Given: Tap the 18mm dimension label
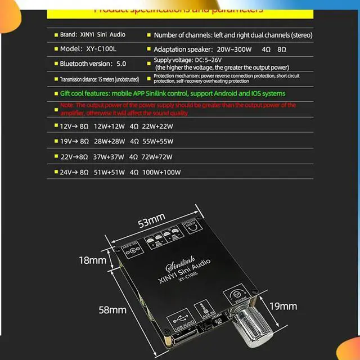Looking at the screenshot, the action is (x=92, y=260).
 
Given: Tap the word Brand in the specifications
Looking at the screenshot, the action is (x=69, y=35).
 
